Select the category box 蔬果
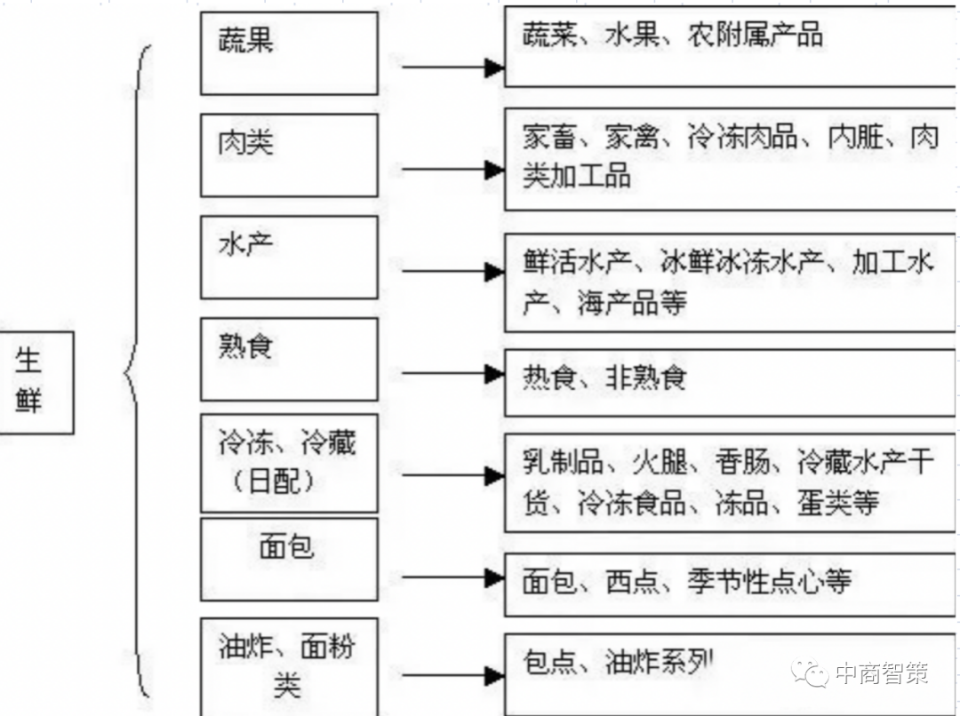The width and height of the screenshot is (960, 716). (x=289, y=52)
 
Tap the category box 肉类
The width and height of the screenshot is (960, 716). (x=289, y=155)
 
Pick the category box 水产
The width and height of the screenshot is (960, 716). (x=289, y=257)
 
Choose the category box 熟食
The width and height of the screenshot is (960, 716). (x=289, y=359)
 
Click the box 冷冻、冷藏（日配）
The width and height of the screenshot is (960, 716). (x=289, y=462)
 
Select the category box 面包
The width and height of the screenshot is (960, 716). (x=289, y=559)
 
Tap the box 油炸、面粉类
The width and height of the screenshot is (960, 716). (x=289, y=666)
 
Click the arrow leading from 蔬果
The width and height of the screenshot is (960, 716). (x=452, y=67)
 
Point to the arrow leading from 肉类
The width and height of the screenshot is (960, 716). (x=452, y=170)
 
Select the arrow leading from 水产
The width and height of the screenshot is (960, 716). (x=452, y=272)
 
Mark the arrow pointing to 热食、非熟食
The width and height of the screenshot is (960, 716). (x=452, y=374)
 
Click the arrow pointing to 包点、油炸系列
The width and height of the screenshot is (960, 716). (x=452, y=676)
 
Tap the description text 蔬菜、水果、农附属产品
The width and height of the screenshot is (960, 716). (x=672, y=36)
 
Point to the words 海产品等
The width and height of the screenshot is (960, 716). (x=632, y=304)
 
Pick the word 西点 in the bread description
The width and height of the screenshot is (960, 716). (x=632, y=582)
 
